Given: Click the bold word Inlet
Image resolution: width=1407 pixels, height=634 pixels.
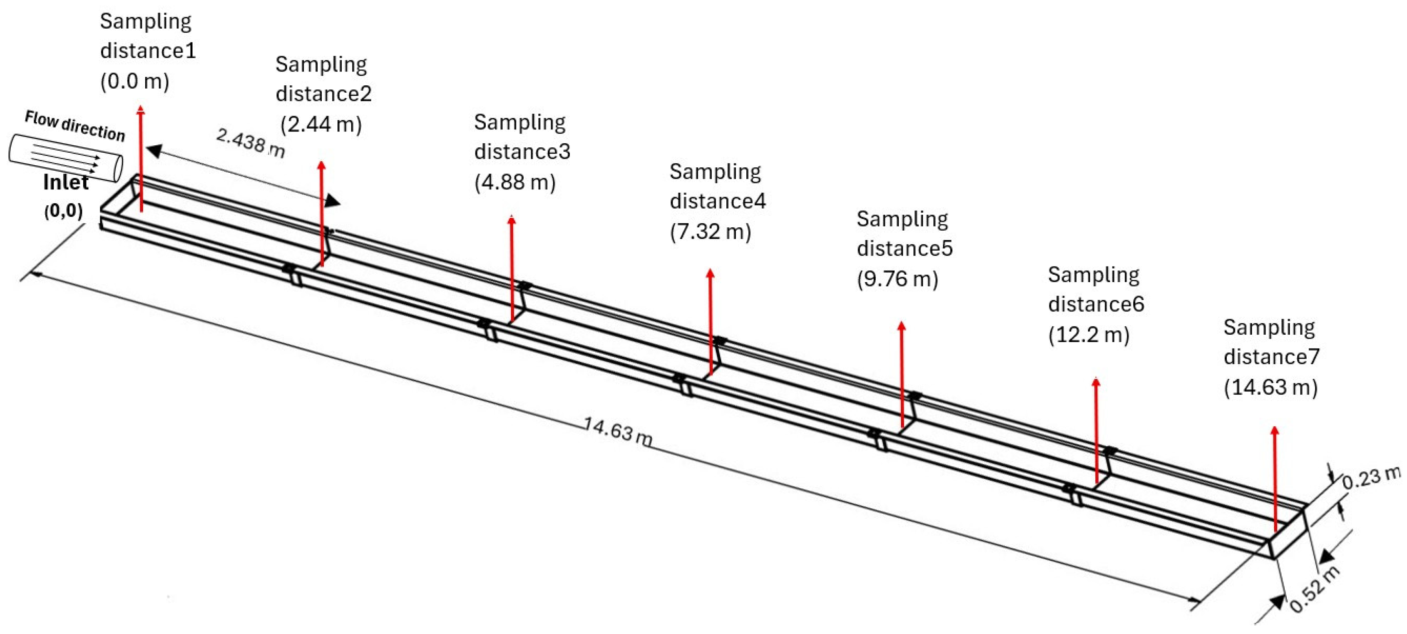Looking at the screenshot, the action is (66, 182).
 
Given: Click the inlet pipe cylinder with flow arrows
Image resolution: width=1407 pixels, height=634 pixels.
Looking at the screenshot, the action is (66, 158).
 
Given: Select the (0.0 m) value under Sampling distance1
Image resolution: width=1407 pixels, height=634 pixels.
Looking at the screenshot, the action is (135, 81).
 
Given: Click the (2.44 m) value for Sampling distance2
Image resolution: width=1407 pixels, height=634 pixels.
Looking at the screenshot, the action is (321, 125).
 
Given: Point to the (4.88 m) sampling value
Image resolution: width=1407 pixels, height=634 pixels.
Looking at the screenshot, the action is (515, 182).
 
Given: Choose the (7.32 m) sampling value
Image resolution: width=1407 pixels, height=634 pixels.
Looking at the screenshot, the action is (710, 232).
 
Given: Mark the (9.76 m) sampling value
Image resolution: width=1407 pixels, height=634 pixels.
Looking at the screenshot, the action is (897, 279).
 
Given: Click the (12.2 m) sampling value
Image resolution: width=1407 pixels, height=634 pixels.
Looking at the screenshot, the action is (1088, 334).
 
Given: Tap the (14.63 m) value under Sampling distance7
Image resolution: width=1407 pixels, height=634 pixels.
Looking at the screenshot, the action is (1270, 387).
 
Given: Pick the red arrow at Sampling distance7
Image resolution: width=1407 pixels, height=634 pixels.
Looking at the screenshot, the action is (1275, 479).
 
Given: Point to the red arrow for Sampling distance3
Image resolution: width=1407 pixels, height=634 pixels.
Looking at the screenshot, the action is (512, 268).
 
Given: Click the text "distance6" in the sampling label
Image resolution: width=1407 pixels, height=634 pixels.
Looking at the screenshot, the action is (1096, 304).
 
